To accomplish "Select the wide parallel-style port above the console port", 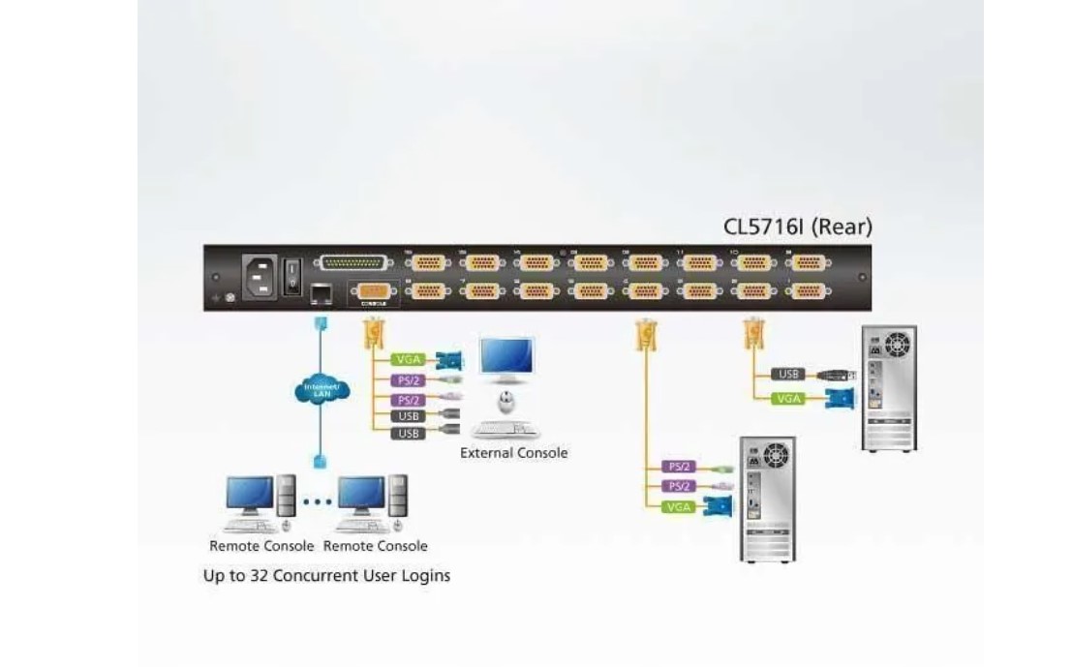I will point(353,263).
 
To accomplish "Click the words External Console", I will point(513,453).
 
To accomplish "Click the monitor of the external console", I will point(508,359).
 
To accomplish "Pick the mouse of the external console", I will point(505,401).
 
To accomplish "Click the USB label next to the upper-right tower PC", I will point(788,374).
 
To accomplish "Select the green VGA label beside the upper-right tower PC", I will point(788,398).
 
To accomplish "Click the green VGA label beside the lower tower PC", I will point(677,506).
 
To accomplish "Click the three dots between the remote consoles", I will point(316,501).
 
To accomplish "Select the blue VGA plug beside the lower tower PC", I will point(719,504).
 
